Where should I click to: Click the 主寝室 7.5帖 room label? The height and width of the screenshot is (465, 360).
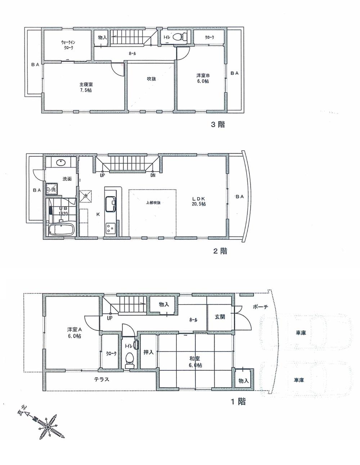pos(85,87)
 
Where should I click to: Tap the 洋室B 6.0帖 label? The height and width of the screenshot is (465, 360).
pos(203,78)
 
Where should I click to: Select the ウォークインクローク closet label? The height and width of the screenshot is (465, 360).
pos(67,45)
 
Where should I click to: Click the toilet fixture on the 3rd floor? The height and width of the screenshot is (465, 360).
pos(180,37)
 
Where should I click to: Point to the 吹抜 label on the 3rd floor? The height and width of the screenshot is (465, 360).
pos(151,79)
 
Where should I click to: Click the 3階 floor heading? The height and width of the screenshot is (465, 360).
pos(218,125)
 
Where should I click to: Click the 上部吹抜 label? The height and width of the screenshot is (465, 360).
pos(153,202)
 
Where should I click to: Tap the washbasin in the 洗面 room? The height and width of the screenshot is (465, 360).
pos(60,163)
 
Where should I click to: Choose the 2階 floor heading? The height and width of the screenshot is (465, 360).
pos(220,251)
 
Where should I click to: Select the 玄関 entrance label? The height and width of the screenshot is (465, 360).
pos(220,317)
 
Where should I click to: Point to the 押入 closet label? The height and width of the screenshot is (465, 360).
pos(148,352)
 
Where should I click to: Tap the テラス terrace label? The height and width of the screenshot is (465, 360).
pos(102,379)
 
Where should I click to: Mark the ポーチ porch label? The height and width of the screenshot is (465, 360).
pos(260,307)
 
